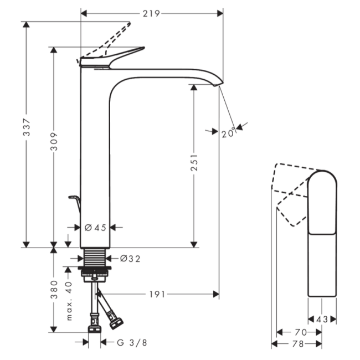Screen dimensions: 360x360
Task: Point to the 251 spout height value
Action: pos(194,163)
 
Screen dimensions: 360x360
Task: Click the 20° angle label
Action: pos(228,133)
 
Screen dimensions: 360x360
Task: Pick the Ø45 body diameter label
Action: pos(95,227)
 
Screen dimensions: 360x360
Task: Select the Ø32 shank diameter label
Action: pos(131,258)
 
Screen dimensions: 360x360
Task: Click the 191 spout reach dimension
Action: pos(157,294)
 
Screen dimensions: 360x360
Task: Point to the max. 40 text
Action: pos(69,301)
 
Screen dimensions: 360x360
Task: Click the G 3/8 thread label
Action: pos(132,342)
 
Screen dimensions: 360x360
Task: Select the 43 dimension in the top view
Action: pos(322,319)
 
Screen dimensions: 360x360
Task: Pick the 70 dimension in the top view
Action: pos(300,332)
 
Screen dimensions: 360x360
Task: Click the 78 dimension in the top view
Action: pos(297,344)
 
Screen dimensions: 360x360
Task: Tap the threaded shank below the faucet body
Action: pos(95,258)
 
